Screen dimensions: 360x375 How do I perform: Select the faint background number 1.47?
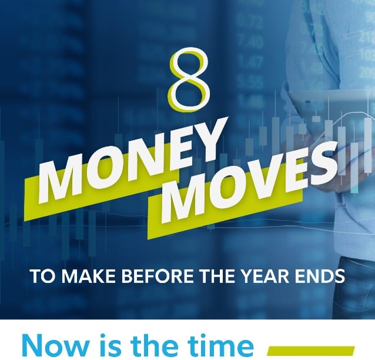pyautogui.click(x=252, y=61)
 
